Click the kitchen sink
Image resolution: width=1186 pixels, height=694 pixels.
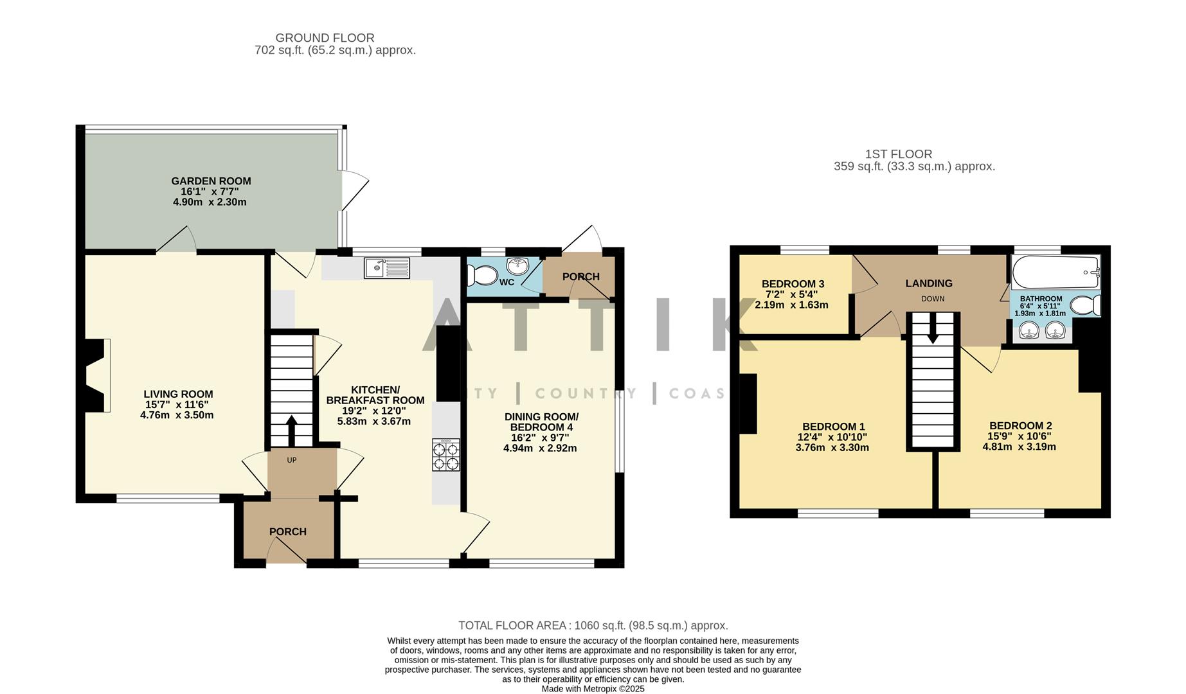[386, 268]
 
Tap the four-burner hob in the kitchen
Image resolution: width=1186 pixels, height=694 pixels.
[446, 456]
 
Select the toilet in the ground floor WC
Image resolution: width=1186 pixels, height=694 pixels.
[483, 276]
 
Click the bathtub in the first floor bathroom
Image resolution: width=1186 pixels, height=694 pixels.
[1055, 272]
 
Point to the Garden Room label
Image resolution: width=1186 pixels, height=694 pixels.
[211, 181]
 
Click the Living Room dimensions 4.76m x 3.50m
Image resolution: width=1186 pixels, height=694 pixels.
[177, 415]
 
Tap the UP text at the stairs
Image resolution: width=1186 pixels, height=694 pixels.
[292, 460]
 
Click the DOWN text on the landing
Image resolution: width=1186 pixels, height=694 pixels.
[933, 299]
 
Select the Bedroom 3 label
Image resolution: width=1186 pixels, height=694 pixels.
[793, 284]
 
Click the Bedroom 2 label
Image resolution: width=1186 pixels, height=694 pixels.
[1020, 425]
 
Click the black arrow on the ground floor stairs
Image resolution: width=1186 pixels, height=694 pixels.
[291, 429]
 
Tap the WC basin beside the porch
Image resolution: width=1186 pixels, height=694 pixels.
[517, 265]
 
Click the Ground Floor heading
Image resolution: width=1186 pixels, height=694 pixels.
[325, 38]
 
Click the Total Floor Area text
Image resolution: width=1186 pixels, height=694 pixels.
[593, 625]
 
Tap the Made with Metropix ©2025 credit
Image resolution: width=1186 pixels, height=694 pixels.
[593, 689]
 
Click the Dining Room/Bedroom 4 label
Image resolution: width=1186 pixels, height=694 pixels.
[541, 422]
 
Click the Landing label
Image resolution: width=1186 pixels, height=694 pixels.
[929, 283]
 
